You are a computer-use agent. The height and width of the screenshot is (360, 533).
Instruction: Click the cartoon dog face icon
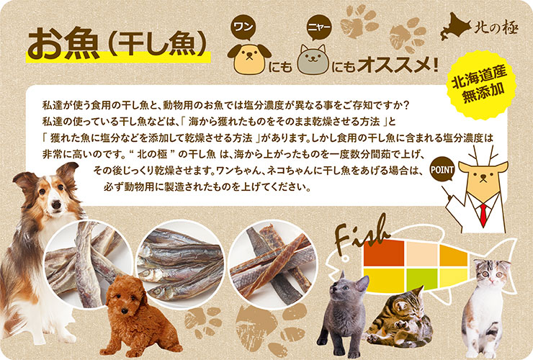(x=249, y=58)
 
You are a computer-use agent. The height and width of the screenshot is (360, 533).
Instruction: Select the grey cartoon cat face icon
(x=313, y=59)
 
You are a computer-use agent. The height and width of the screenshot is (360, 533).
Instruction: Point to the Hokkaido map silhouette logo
(x=455, y=26)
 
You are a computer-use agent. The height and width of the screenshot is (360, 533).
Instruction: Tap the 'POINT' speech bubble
(x=442, y=170)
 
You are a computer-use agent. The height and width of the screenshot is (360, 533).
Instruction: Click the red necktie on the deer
(x=483, y=215)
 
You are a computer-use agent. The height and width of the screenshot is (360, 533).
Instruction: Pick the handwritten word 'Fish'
(x=360, y=235)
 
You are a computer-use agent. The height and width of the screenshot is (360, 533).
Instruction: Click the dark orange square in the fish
(x=384, y=253)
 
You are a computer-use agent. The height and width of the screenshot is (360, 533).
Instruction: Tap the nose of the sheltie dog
(x=56, y=204)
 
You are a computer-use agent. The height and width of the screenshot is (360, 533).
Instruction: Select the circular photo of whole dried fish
(x=180, y=264)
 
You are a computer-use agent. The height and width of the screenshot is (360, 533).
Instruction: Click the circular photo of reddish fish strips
(x=272, y=264)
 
